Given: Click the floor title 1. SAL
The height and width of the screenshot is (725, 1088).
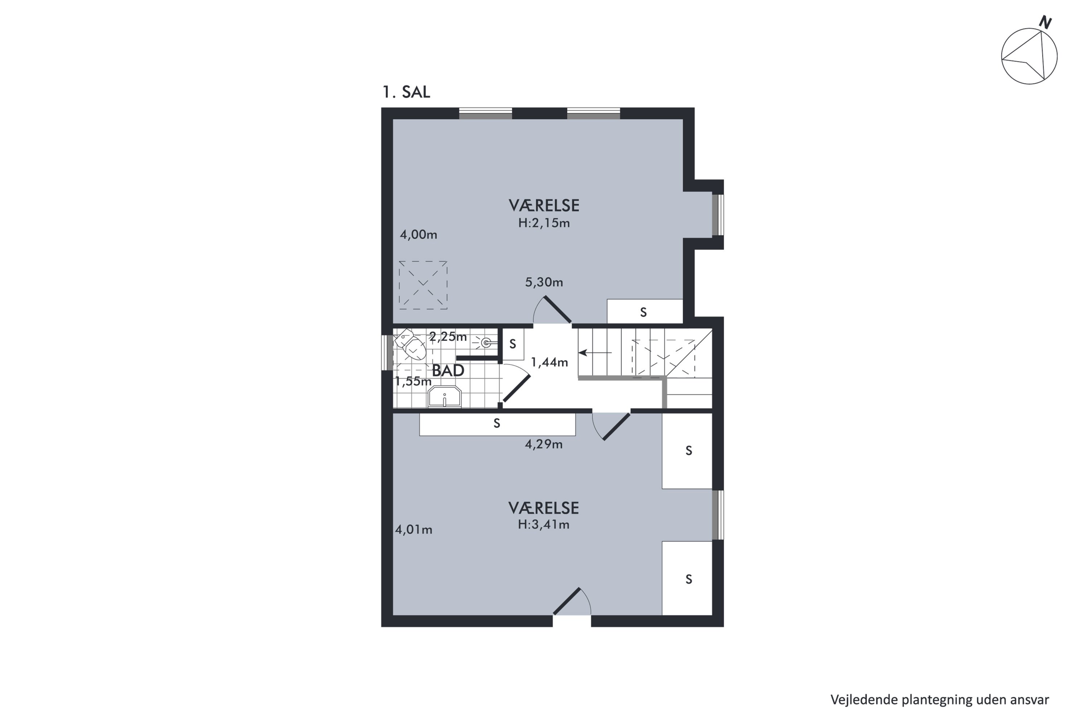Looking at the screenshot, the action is [x=406, y=92].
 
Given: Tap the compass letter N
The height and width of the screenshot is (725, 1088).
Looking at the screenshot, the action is [x=1046, y=22].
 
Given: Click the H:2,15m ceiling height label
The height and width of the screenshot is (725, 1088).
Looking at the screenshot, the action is [x=544, y=223].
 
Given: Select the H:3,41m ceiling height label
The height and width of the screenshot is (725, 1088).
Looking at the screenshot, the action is [x=544, y=524].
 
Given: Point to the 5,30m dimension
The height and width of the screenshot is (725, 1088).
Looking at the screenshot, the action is [x=544, y=282].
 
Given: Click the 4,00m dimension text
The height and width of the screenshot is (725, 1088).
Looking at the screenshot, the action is [x=419, y=235].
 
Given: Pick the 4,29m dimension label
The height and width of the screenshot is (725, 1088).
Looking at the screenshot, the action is [x=544, y=444].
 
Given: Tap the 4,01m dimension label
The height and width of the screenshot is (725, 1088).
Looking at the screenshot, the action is [x=413, y=529].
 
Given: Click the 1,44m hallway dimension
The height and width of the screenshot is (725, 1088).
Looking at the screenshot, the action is [x=549, y=362].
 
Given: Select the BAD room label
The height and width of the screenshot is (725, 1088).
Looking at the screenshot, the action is [x=448, y=370].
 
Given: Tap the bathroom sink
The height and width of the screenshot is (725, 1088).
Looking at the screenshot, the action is [x=445, y=397].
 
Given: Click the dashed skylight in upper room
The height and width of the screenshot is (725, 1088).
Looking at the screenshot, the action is [x=423, y=285].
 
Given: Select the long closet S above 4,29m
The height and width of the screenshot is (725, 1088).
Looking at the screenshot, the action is [x=497, y=424].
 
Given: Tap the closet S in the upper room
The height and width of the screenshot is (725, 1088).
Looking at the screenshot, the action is [x=644, y=312].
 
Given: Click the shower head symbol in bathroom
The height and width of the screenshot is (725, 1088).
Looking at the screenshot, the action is [x=485, y=343].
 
